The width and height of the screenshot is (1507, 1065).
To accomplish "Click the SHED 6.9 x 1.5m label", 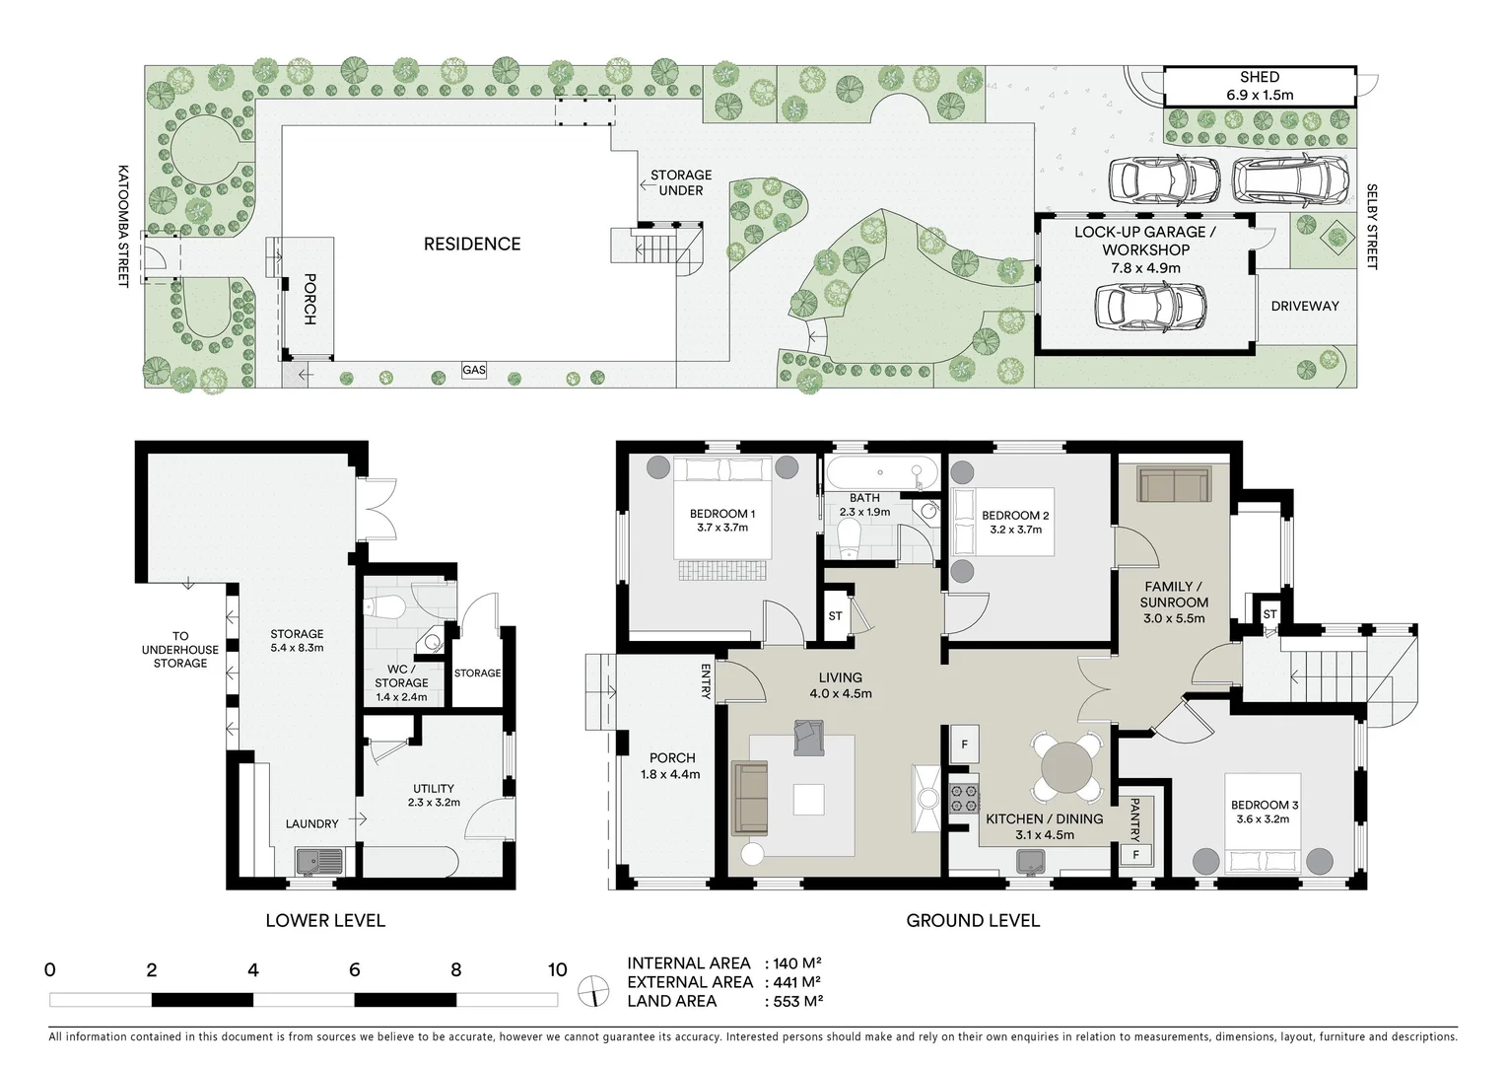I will tap(1260, 86).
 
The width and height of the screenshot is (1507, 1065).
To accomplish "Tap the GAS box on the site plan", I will tap(474, 371).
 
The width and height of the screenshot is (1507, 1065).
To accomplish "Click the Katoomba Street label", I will tap(124, 226).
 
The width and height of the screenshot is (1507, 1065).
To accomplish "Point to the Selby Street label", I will tap(1371, 227).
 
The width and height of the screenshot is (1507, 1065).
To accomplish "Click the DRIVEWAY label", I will tap(1304, 306).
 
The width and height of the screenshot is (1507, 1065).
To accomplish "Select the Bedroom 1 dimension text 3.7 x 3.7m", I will tap(722, 528).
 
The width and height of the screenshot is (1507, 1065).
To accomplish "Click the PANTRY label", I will tap(1135, 817).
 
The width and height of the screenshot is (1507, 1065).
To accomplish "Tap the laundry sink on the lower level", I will tap(320, 861).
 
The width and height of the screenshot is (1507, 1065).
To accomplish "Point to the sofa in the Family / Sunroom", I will tap(1173, 484).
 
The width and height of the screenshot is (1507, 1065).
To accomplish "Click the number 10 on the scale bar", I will tap(558, 969).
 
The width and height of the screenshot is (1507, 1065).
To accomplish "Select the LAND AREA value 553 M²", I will tap(794, 1001).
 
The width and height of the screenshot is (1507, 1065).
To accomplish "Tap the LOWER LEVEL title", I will tap(325, 921).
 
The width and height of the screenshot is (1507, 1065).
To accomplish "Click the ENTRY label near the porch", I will tap(706, 681).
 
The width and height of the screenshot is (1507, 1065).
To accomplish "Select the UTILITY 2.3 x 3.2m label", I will tap(434, 795).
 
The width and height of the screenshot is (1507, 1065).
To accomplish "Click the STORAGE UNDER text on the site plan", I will tap(680, 182).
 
